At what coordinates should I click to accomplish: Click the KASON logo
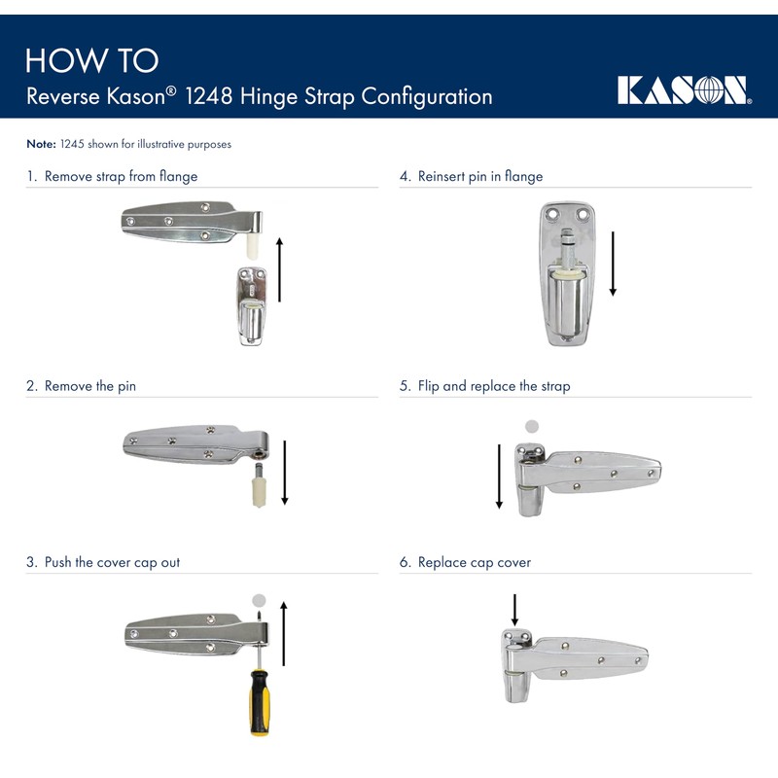click(x=684, y=89)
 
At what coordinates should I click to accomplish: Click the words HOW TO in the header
click(x=91, y=60)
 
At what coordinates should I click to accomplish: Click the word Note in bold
click(x=41, y=144)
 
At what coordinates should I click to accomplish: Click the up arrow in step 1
click(x=279, y=267)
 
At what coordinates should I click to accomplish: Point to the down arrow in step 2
click(x=285, y=472)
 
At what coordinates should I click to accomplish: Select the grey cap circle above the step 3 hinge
click(x=258, y=599)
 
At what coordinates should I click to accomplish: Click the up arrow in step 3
click(x=283, y=633)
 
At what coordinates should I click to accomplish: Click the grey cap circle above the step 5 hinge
click(x=531, y=426)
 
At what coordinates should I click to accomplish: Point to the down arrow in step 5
click(x=499, y=477)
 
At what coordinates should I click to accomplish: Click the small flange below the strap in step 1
click(x=251, y=306)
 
